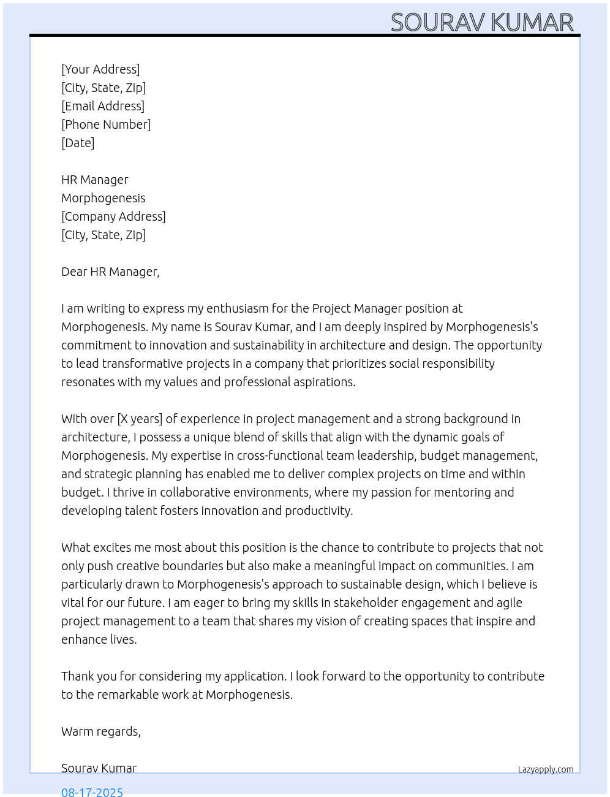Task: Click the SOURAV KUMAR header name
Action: (482, 22)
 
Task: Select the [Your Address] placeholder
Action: (100, 69)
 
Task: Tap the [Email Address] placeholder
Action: (103, 106)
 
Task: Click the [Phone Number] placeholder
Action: (106, 124)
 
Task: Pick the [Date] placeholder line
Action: (78, 143)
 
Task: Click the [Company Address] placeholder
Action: (113, 216)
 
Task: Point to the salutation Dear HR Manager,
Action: (110, 272)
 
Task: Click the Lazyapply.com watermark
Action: (546, 769)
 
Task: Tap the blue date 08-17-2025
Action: (92, 791)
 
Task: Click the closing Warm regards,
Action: (101, 731)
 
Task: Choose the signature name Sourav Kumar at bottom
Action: (99, 768)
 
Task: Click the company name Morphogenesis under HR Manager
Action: (104, 198)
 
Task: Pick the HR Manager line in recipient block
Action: (95, 180)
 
